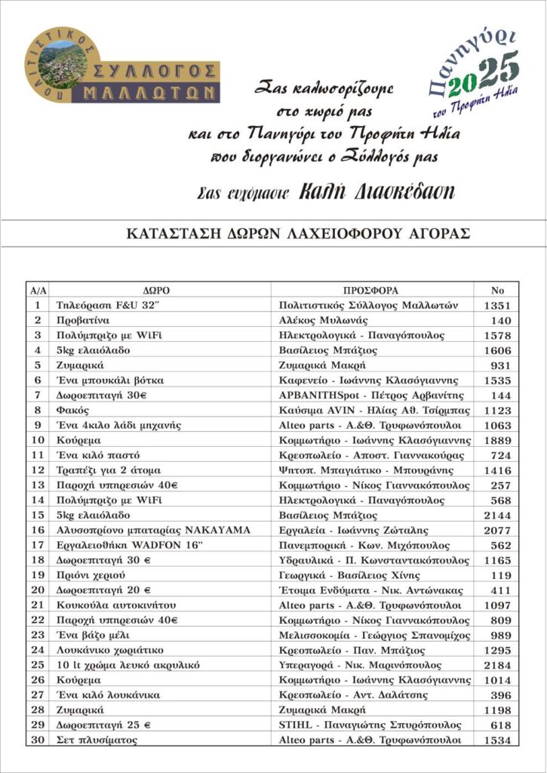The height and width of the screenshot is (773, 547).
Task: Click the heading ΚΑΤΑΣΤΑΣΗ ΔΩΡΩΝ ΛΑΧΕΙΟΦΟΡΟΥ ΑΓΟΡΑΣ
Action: pos(299,233)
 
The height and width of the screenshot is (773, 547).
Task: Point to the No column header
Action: pos(497,290)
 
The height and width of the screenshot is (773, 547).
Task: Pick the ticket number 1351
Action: pos(497,305)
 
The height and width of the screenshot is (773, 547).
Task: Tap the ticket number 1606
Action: pos(497,350)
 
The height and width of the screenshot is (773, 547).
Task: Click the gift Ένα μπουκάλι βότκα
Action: pos(110,380)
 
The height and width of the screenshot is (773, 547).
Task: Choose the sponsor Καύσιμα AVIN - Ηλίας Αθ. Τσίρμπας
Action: pos(374,411)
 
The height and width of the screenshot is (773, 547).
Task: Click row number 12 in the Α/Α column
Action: pos(37,470)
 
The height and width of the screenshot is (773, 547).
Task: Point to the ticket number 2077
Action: pos(497,530)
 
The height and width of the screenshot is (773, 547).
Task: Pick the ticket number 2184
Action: pos(497,665)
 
